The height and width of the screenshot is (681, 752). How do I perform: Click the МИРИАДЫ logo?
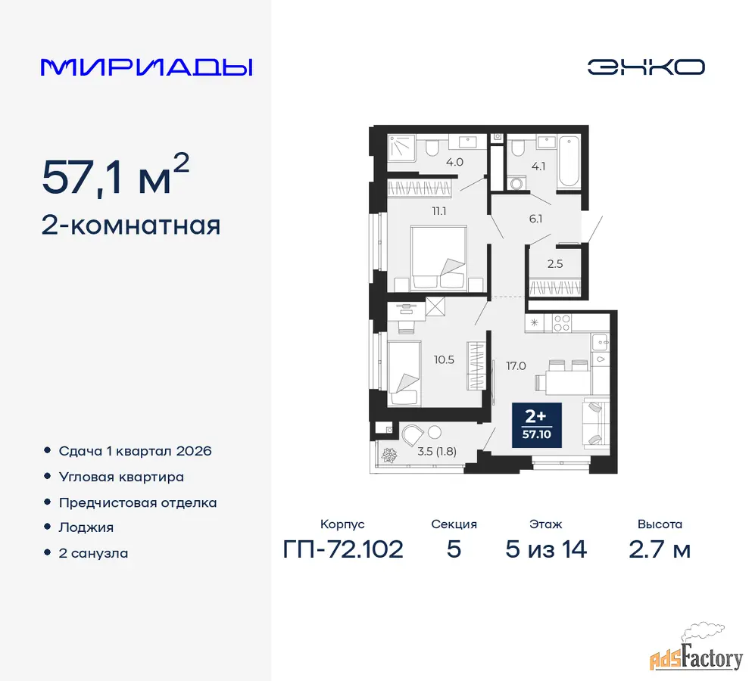(147, 67)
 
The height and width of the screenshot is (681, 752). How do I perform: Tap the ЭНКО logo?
(646, 67)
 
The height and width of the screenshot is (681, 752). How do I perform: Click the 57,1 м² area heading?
(116, 176)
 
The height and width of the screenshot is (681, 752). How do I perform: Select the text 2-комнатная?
(131, 225)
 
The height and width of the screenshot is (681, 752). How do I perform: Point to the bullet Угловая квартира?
(121, 477)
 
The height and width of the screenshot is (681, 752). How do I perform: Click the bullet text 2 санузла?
(93, 553)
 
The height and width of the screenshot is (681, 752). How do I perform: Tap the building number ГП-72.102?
(343, 549)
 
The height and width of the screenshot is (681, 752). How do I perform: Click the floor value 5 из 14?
(546, 549)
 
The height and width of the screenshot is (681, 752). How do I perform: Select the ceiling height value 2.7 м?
(660, 549)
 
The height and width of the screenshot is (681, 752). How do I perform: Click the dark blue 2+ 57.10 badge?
(537, 425)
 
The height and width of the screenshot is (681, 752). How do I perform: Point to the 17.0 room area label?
(516, 366)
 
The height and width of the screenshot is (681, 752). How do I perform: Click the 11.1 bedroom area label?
(438, 211)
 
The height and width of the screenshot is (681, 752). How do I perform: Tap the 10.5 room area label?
(444, 359)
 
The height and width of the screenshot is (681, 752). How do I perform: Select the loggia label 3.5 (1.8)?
(437, 451)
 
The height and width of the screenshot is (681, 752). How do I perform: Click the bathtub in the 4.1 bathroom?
(569, 161)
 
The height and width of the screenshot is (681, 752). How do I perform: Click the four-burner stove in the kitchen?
(562, 323)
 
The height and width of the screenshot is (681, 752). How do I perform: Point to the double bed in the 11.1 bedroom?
(438, 258)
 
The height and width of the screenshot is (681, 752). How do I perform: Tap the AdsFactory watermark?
(697, 649)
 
